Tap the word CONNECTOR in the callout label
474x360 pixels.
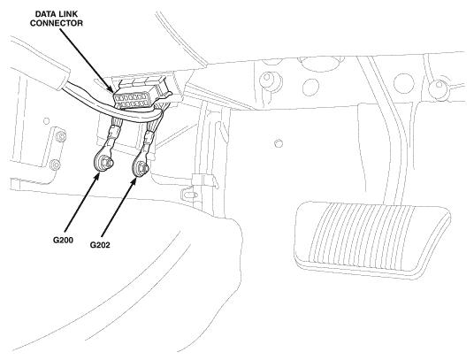click(57, 23)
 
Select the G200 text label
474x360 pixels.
click(63, 240)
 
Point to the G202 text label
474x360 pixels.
click(100, 245)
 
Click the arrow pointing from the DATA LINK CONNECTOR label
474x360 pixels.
click(87, 61)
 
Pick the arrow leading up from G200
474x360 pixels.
click(82, 203)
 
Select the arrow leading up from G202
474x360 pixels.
click(119, 207)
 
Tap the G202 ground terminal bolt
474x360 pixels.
click(141, 167)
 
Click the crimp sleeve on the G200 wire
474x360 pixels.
click(113, 132)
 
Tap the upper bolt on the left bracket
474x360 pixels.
click(61, 136)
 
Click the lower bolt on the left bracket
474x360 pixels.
click(55, 165)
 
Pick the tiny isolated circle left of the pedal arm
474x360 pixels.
click(279, 143)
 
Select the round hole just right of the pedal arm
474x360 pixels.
click(405, 82)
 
